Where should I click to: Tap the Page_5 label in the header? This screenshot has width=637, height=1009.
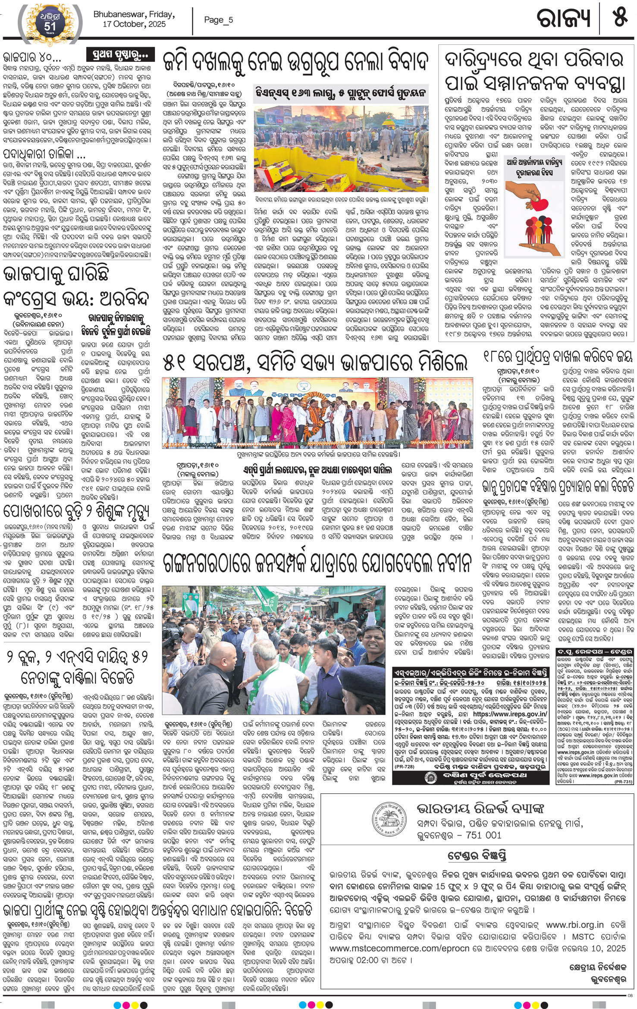click(x=218, y=20)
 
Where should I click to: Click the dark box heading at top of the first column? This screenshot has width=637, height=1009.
click(x=120, y=55)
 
